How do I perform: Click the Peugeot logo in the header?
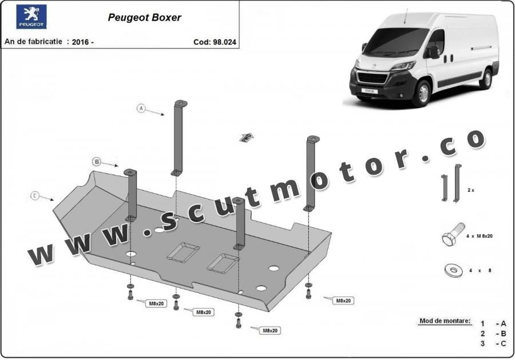coord(31,17)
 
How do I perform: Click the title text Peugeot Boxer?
coord(144,17)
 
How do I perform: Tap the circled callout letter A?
coord(141,108)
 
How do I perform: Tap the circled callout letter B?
coord(97,162)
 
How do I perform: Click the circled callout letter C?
coord(35,196)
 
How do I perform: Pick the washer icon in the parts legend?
coord(453,270)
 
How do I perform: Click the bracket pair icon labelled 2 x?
coord(450,183)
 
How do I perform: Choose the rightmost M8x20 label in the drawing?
coord(343,300)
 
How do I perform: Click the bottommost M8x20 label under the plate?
coord(270,330)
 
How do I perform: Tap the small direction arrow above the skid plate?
coord(246,137)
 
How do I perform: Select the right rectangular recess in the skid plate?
coord(223,263)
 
